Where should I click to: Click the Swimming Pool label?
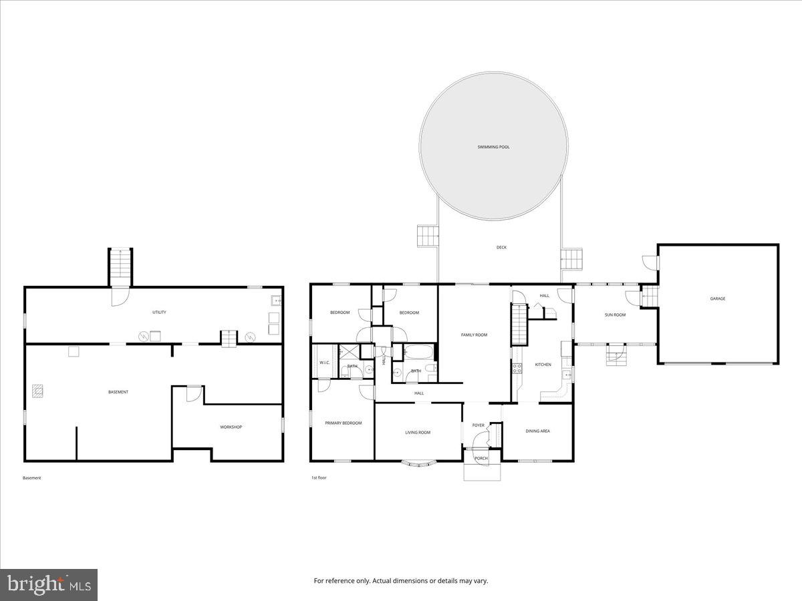point(493,147)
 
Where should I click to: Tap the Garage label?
point(717,298)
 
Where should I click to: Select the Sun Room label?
point(615,315)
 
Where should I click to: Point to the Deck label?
point(501,248)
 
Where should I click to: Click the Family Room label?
point(474,335)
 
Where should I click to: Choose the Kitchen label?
point(543,365)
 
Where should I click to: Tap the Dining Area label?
point(537,431)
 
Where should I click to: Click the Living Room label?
point(418,432)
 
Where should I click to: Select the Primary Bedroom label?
point(343,423)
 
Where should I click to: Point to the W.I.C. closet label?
point(325,363)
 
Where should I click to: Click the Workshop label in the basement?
point(231,427)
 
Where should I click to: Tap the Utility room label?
point(159,312)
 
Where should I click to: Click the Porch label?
point(481,458)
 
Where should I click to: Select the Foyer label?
point(478,425)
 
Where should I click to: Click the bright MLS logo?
point(49,585)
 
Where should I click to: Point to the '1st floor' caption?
point(319,477)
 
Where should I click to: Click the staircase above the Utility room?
point(121,265)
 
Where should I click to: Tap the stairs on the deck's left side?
point(427,236)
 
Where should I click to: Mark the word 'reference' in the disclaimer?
point(340,581)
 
